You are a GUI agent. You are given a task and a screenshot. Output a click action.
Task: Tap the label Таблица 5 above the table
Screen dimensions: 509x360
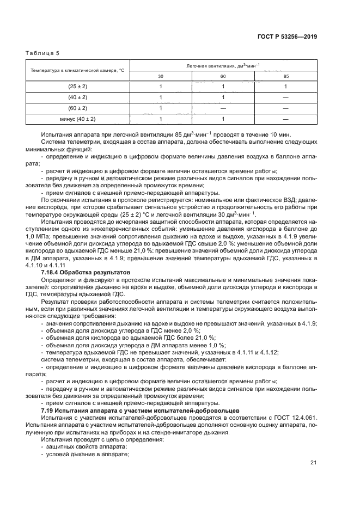tap(42, 53)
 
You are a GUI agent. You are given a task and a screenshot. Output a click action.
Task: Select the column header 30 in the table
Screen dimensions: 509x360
tap(161, 76)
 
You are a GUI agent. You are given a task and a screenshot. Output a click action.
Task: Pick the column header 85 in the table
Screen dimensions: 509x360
tap(286, 76)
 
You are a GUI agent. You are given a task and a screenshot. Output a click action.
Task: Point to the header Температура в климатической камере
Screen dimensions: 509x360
tap(78, 71)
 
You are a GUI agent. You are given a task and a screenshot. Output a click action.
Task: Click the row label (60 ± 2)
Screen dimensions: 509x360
tap(77, 108)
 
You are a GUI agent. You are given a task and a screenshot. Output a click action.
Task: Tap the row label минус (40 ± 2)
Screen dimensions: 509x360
tap(77, 118)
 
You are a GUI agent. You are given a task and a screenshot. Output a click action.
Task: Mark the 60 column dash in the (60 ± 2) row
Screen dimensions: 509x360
tap(223, 108)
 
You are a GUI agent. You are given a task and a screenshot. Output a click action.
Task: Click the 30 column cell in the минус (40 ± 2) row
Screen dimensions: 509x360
tap(161, 118)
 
